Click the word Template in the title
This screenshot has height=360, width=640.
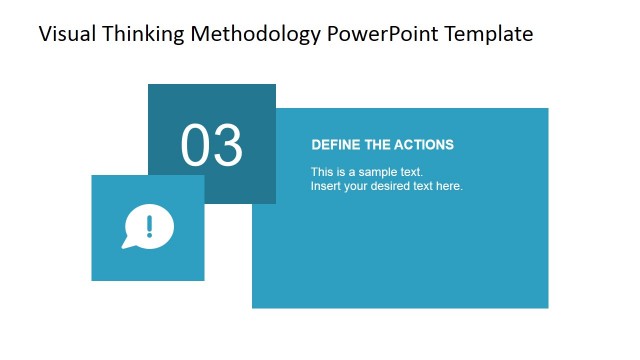point(489,34)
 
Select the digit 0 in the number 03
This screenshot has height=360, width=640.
point(196,146)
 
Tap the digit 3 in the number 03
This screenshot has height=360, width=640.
point(228,146)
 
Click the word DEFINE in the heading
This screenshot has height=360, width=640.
point(334,145)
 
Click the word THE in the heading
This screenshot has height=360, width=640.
point(376,145)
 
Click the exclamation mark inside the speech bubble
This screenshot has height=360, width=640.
point(150,225)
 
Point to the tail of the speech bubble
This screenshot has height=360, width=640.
point(127,243)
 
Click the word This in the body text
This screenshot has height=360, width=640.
point(321,172)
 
